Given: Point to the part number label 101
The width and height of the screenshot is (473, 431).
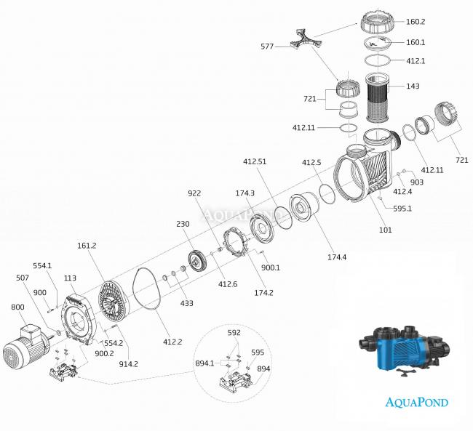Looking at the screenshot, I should click(385, 230).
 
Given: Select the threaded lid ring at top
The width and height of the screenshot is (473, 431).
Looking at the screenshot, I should click(383, 25).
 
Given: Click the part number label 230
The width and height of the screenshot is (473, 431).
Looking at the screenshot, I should click(182, 224).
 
